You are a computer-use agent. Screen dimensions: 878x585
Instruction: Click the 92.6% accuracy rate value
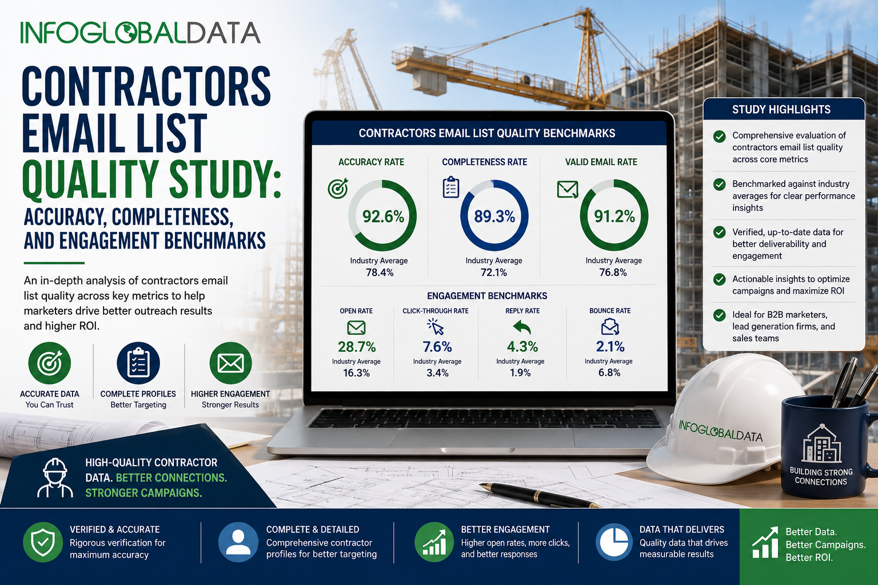point(383,217)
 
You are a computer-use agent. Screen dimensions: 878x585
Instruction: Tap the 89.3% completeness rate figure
point(494,217)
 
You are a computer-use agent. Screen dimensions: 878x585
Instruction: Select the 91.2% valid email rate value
point(614,217)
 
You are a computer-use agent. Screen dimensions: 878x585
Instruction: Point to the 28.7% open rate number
point(357,347)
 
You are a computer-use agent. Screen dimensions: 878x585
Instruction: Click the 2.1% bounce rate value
point(610,346)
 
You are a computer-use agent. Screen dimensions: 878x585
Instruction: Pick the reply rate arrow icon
point(522,327)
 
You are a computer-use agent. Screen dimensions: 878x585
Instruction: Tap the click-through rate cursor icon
point(436,327)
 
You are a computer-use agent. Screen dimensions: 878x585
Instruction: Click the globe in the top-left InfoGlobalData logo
point(126,33)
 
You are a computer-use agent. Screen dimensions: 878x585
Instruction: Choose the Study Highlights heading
point(781,109)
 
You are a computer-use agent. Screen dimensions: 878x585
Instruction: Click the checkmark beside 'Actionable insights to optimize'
point(719,279)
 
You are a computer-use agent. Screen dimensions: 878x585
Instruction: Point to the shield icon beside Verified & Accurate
point(43,542)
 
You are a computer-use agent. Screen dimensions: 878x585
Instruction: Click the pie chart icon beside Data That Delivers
point(614,542)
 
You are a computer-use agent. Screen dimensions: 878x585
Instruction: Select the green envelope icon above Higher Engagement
point(230,363)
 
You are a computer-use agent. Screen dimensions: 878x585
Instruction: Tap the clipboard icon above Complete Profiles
point(138,363)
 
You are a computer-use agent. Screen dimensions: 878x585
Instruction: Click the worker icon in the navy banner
point(55,478)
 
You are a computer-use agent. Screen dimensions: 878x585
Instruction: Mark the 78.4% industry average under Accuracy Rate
point(380,273)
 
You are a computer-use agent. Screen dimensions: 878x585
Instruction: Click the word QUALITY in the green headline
point(90,179)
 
